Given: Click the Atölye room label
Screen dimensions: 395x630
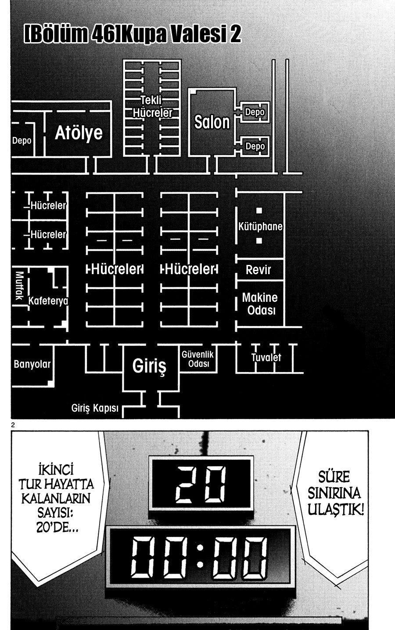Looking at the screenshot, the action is coord(79,133).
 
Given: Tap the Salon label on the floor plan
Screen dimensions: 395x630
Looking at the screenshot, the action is coord(212,122).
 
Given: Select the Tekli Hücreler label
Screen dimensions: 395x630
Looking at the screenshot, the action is coord(152,107).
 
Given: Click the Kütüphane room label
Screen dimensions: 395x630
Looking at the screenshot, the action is coord(260,226).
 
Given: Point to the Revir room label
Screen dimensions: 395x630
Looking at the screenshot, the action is coord(258,270).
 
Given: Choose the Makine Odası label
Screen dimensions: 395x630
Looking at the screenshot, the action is coord(260,304).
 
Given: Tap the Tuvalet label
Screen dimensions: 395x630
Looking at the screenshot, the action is coord(266,358).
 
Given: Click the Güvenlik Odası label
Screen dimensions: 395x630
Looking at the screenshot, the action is coord(198,359).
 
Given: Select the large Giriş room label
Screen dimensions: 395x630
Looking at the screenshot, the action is coord(149,366).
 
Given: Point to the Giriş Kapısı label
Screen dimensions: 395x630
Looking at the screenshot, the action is coord(95,408).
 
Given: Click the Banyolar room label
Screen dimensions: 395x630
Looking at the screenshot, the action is coord(32,364).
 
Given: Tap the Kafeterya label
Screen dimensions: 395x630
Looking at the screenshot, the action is coord(48,301).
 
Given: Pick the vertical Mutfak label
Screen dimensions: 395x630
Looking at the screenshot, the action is coord(19,286).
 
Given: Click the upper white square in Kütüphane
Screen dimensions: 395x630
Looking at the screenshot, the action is coord(259,210).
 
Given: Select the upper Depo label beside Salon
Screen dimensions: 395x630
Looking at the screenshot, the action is coord(255,112).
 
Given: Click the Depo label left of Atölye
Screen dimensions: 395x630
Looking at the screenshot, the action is coord(22,141).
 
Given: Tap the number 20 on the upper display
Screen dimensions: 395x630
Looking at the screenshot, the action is coord(200,484).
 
